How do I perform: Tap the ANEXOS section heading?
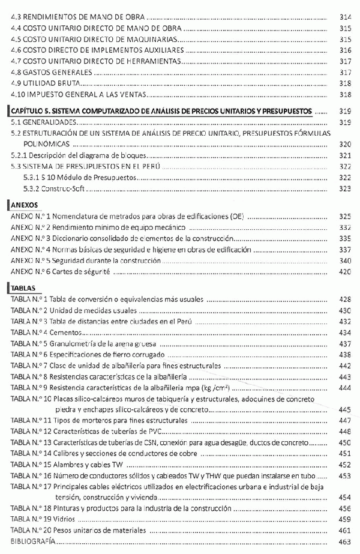pyautogui.click(x=25, y=204)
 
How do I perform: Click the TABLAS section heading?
pyautogui.click(x=23, y=288)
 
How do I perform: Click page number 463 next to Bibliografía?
pyautogui.click(x=345, y=541)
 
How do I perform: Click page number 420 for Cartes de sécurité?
pyautogui.click(x=345, y=272)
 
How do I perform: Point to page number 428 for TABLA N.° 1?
pyautogui.click(x=345, y=299)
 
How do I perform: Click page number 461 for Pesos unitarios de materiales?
pyautogui.click(x=345, y=530)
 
